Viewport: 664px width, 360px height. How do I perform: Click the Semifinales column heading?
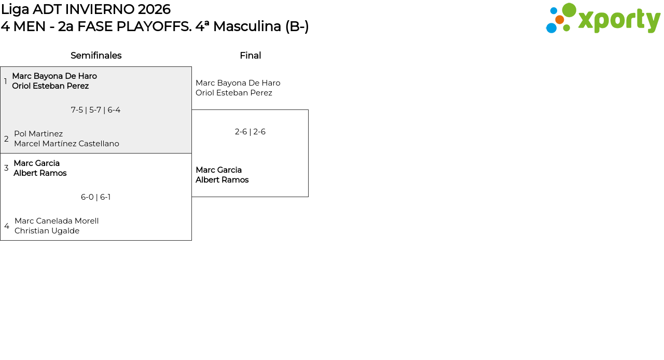pos(96,56)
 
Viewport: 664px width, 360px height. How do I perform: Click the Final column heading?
pos(250,56)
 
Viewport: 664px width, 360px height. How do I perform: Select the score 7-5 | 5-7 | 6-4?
pos(96,110)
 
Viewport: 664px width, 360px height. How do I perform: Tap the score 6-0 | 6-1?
pos(96,197)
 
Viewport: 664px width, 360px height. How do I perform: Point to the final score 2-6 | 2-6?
pos(250,132)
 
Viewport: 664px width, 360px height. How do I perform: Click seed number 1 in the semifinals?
pos(6,81)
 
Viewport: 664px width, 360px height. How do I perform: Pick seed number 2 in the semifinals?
pos(6,139)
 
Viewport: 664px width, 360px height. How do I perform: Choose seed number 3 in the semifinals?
pos(6,168)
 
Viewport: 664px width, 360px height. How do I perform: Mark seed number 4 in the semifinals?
pos(7,226)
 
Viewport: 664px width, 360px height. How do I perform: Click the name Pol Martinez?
pos(38,134)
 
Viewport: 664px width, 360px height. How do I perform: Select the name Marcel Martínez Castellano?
pos(66,144)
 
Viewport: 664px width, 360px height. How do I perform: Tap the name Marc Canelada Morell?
pos(57,221)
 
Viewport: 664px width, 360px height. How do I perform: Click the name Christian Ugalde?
pos(47,231)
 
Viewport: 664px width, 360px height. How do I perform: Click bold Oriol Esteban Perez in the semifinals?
pos(50,86)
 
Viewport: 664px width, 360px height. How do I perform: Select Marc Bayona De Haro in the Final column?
pos(238,83)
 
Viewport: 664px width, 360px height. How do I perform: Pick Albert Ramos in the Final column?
pos(222,180)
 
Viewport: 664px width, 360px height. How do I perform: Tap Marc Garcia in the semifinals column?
pos(36,163)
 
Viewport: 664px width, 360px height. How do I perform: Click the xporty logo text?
pos(619,20)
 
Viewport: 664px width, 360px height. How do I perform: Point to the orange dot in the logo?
pos(559,20)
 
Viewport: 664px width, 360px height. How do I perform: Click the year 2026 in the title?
pos(154,9)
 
